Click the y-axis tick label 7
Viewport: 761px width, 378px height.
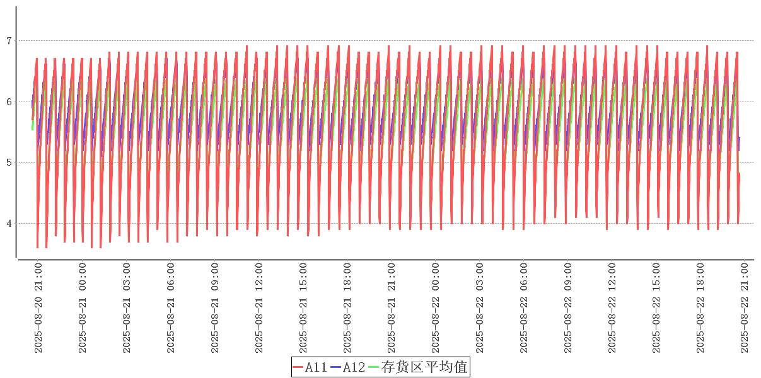point(9,41)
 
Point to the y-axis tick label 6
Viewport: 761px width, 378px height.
point(9,101)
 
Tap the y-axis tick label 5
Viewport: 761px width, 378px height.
point(9,163)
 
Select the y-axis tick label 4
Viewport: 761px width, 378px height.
point(9,224)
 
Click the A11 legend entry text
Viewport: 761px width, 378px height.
point(316,367)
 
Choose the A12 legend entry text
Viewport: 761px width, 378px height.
point(354,367)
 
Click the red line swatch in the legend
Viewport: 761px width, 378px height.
point(298,367)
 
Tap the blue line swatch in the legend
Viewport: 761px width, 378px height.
point(336,367)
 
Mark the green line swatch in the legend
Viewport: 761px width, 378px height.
point(374,367)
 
